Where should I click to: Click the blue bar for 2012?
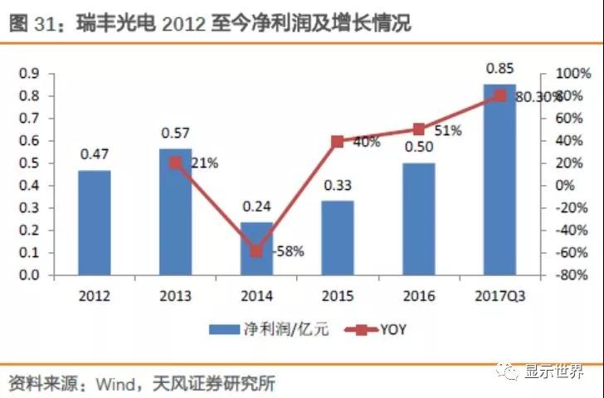[94, 222]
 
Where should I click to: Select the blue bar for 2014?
[256, 248]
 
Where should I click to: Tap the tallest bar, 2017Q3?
[499, 179]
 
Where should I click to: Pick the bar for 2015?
[338, 238]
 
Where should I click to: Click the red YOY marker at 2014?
[256, 250]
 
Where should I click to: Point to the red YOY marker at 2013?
[175, 163]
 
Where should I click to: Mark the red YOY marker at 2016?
[418, 129]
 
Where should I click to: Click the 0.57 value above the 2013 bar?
[175, 133]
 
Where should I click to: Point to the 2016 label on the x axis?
[418, 296]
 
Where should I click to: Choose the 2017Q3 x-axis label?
[499, 296]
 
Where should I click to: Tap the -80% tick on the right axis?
[570, 275]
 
